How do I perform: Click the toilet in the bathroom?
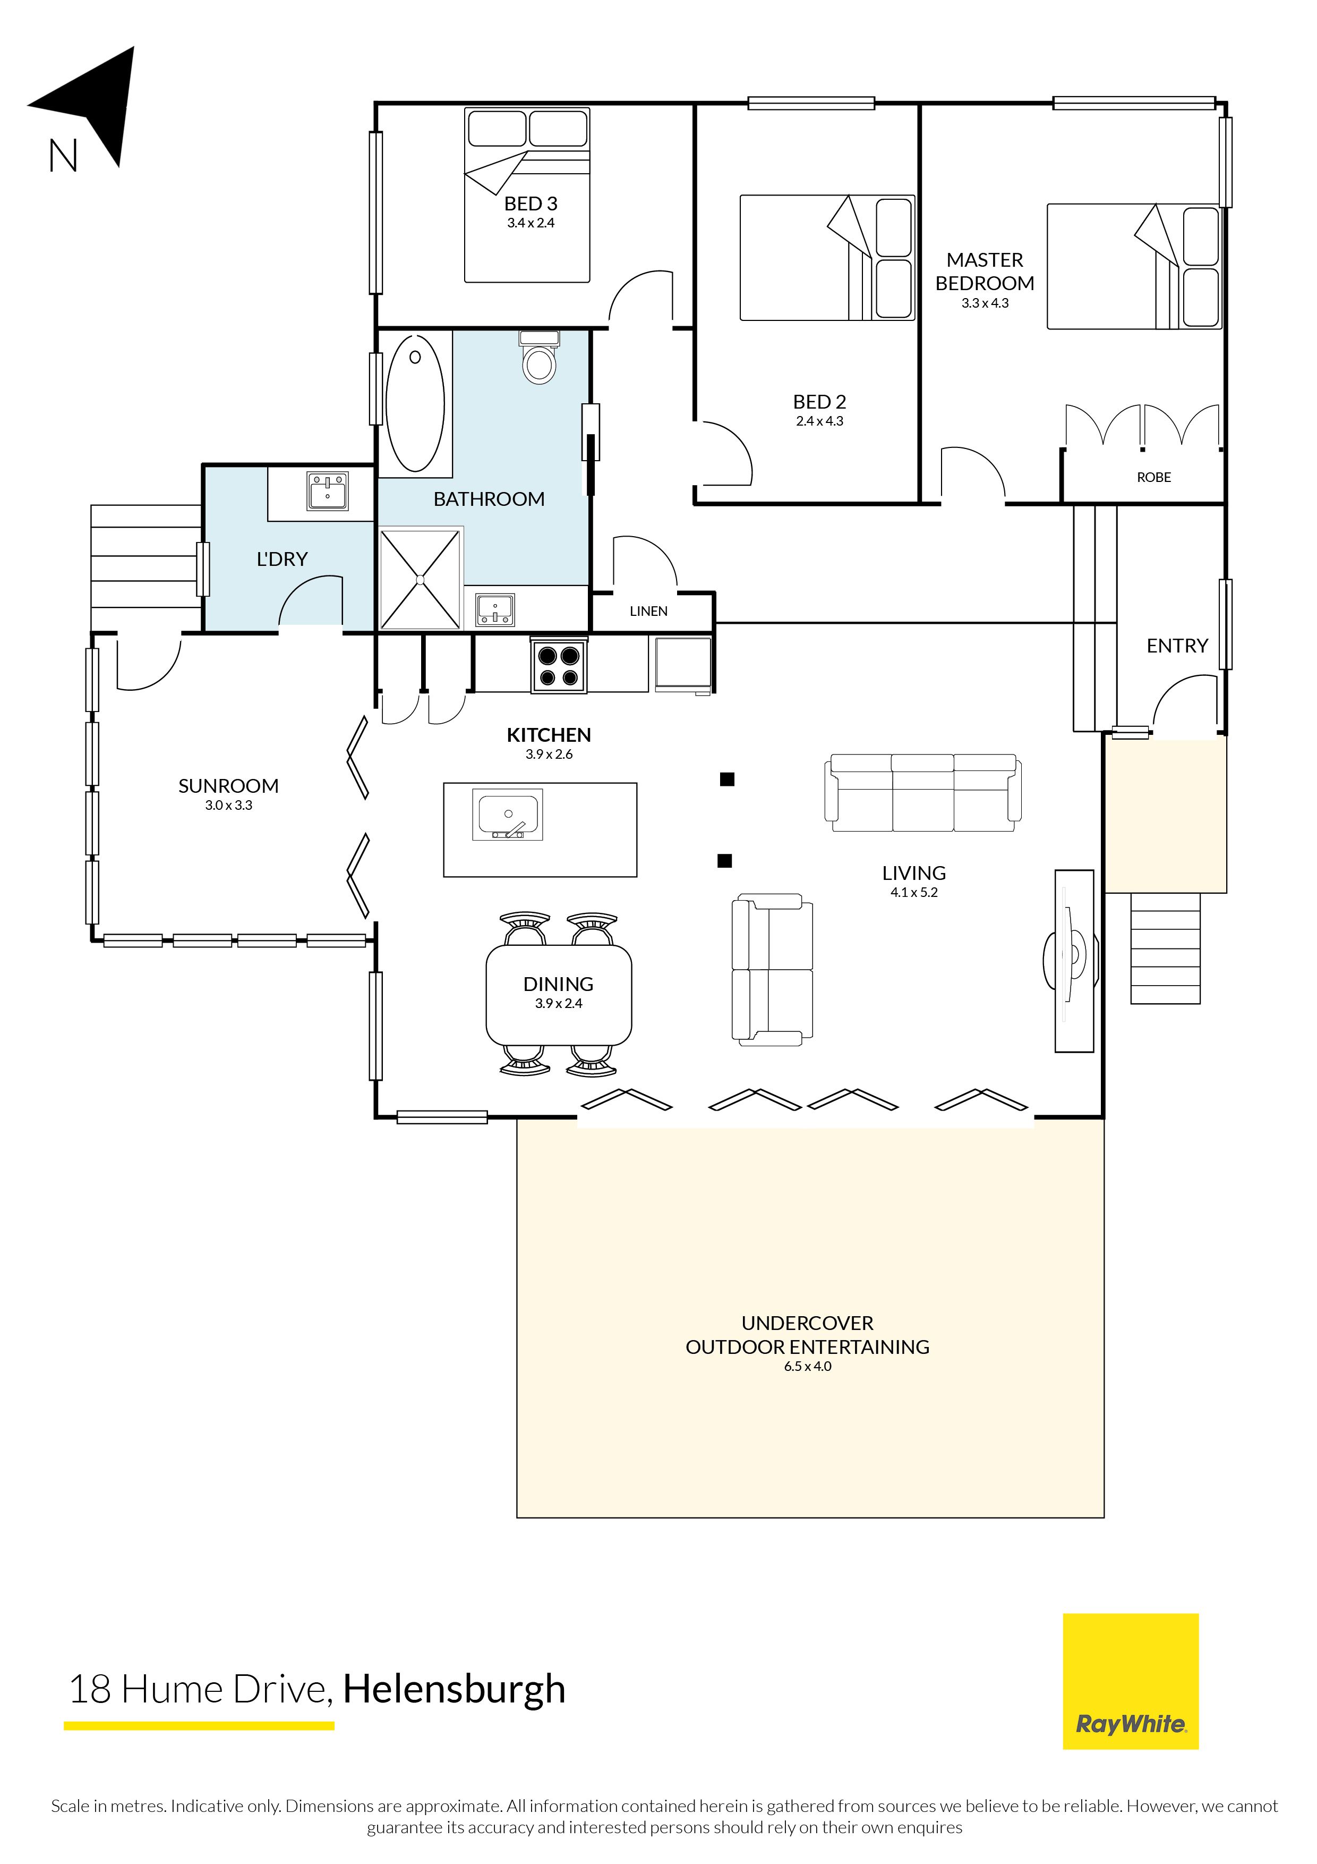[539, 357]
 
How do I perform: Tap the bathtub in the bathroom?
[415, 403]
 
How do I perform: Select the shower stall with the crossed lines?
[421, 579]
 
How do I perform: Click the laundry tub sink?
[328, 491]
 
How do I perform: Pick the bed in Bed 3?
[527, 195]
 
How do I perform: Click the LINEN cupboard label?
[648, 611]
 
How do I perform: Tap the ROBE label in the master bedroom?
[1154, 477]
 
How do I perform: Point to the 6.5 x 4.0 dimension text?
[807, 1366]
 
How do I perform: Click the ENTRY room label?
[1177, 646]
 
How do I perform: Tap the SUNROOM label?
[228, 786]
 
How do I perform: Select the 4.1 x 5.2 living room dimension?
[914, 892]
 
